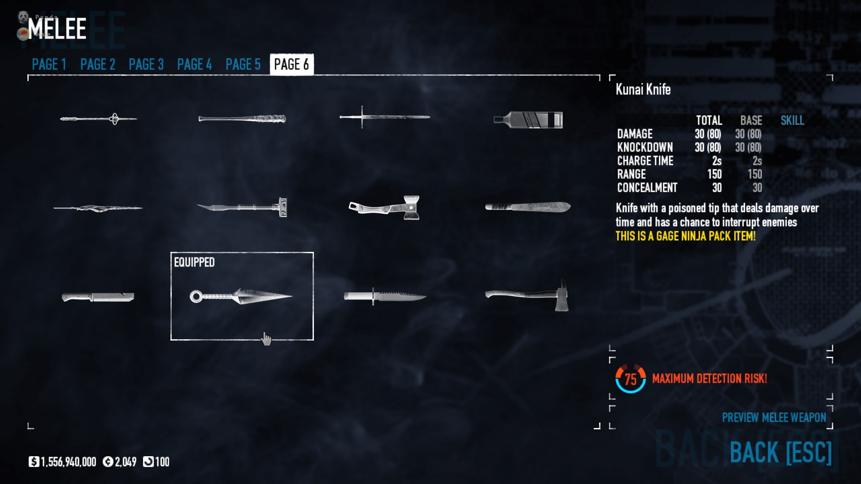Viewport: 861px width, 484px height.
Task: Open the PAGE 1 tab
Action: click(x=49, y=65)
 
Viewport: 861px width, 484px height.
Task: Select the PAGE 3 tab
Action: click(x=146, y=65)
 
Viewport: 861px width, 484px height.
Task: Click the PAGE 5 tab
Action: click(x=243, y=65)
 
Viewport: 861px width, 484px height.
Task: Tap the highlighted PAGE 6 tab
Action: click(x=291, y=65)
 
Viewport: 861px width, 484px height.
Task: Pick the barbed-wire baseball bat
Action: click(x=242, y=119)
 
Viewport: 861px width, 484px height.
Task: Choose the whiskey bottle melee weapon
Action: click(x=528, y=120)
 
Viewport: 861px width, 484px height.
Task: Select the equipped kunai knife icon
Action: click(x=242, y=296)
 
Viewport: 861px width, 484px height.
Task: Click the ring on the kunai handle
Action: click(x=196, y=296)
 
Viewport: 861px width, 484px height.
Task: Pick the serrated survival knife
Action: click(x=385, y=296)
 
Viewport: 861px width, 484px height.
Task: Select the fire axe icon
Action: click(x=528, y=296)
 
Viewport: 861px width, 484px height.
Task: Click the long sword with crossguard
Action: click(x=385, y=117)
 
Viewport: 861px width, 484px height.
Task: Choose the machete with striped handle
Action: click(x=528, y=207)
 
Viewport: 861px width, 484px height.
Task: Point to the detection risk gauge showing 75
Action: click(x=631, y=379)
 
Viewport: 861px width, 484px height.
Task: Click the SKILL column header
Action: click(x=792, y=121)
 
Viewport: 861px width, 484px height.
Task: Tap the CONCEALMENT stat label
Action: click(x=647, y=188)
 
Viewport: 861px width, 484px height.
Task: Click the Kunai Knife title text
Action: click(x=643, y=90)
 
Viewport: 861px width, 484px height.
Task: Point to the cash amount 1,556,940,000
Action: click(x=68, y=462)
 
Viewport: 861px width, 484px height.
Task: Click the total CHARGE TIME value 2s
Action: click(x=717, y=161)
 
